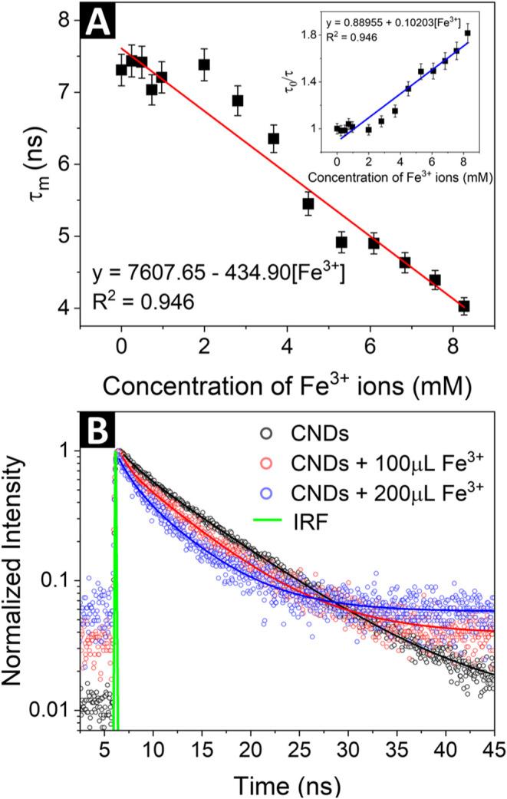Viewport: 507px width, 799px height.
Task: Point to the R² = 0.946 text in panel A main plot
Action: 140,302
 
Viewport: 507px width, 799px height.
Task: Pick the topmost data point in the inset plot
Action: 468,33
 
